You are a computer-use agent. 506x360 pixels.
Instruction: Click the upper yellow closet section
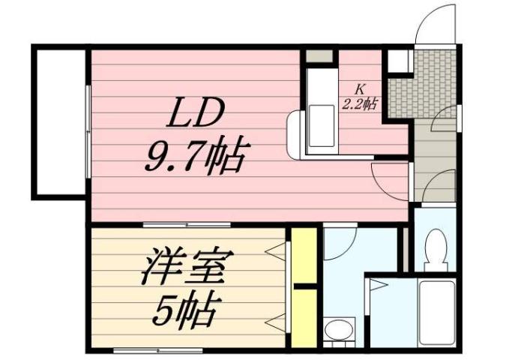tap(304, 256)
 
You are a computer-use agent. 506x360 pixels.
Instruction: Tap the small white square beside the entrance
tap(397, 60)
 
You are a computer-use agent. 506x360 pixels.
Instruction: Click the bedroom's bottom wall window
tap(157, 350)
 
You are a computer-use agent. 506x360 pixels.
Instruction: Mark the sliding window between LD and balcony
tap(88, 131)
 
